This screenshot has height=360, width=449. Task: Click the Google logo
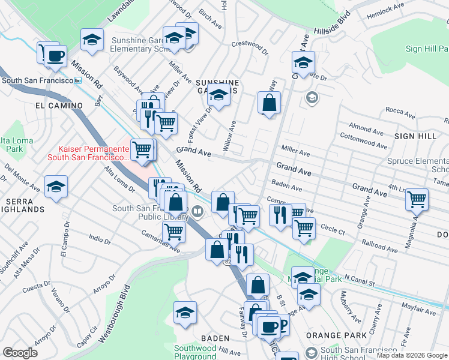tap(20, 353)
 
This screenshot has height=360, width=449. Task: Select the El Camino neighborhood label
tap(59, 106)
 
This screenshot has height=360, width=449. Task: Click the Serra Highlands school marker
tap(56, 187)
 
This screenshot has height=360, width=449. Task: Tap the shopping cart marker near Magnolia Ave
tap(417, 199)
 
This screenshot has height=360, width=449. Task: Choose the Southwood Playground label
tap(195, 352)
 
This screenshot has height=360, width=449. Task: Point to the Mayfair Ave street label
tap(418, 311)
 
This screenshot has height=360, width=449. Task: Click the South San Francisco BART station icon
tap(77, 80)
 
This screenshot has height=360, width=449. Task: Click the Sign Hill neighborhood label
tap(415, 136)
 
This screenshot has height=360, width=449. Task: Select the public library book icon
tap(198, 211)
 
